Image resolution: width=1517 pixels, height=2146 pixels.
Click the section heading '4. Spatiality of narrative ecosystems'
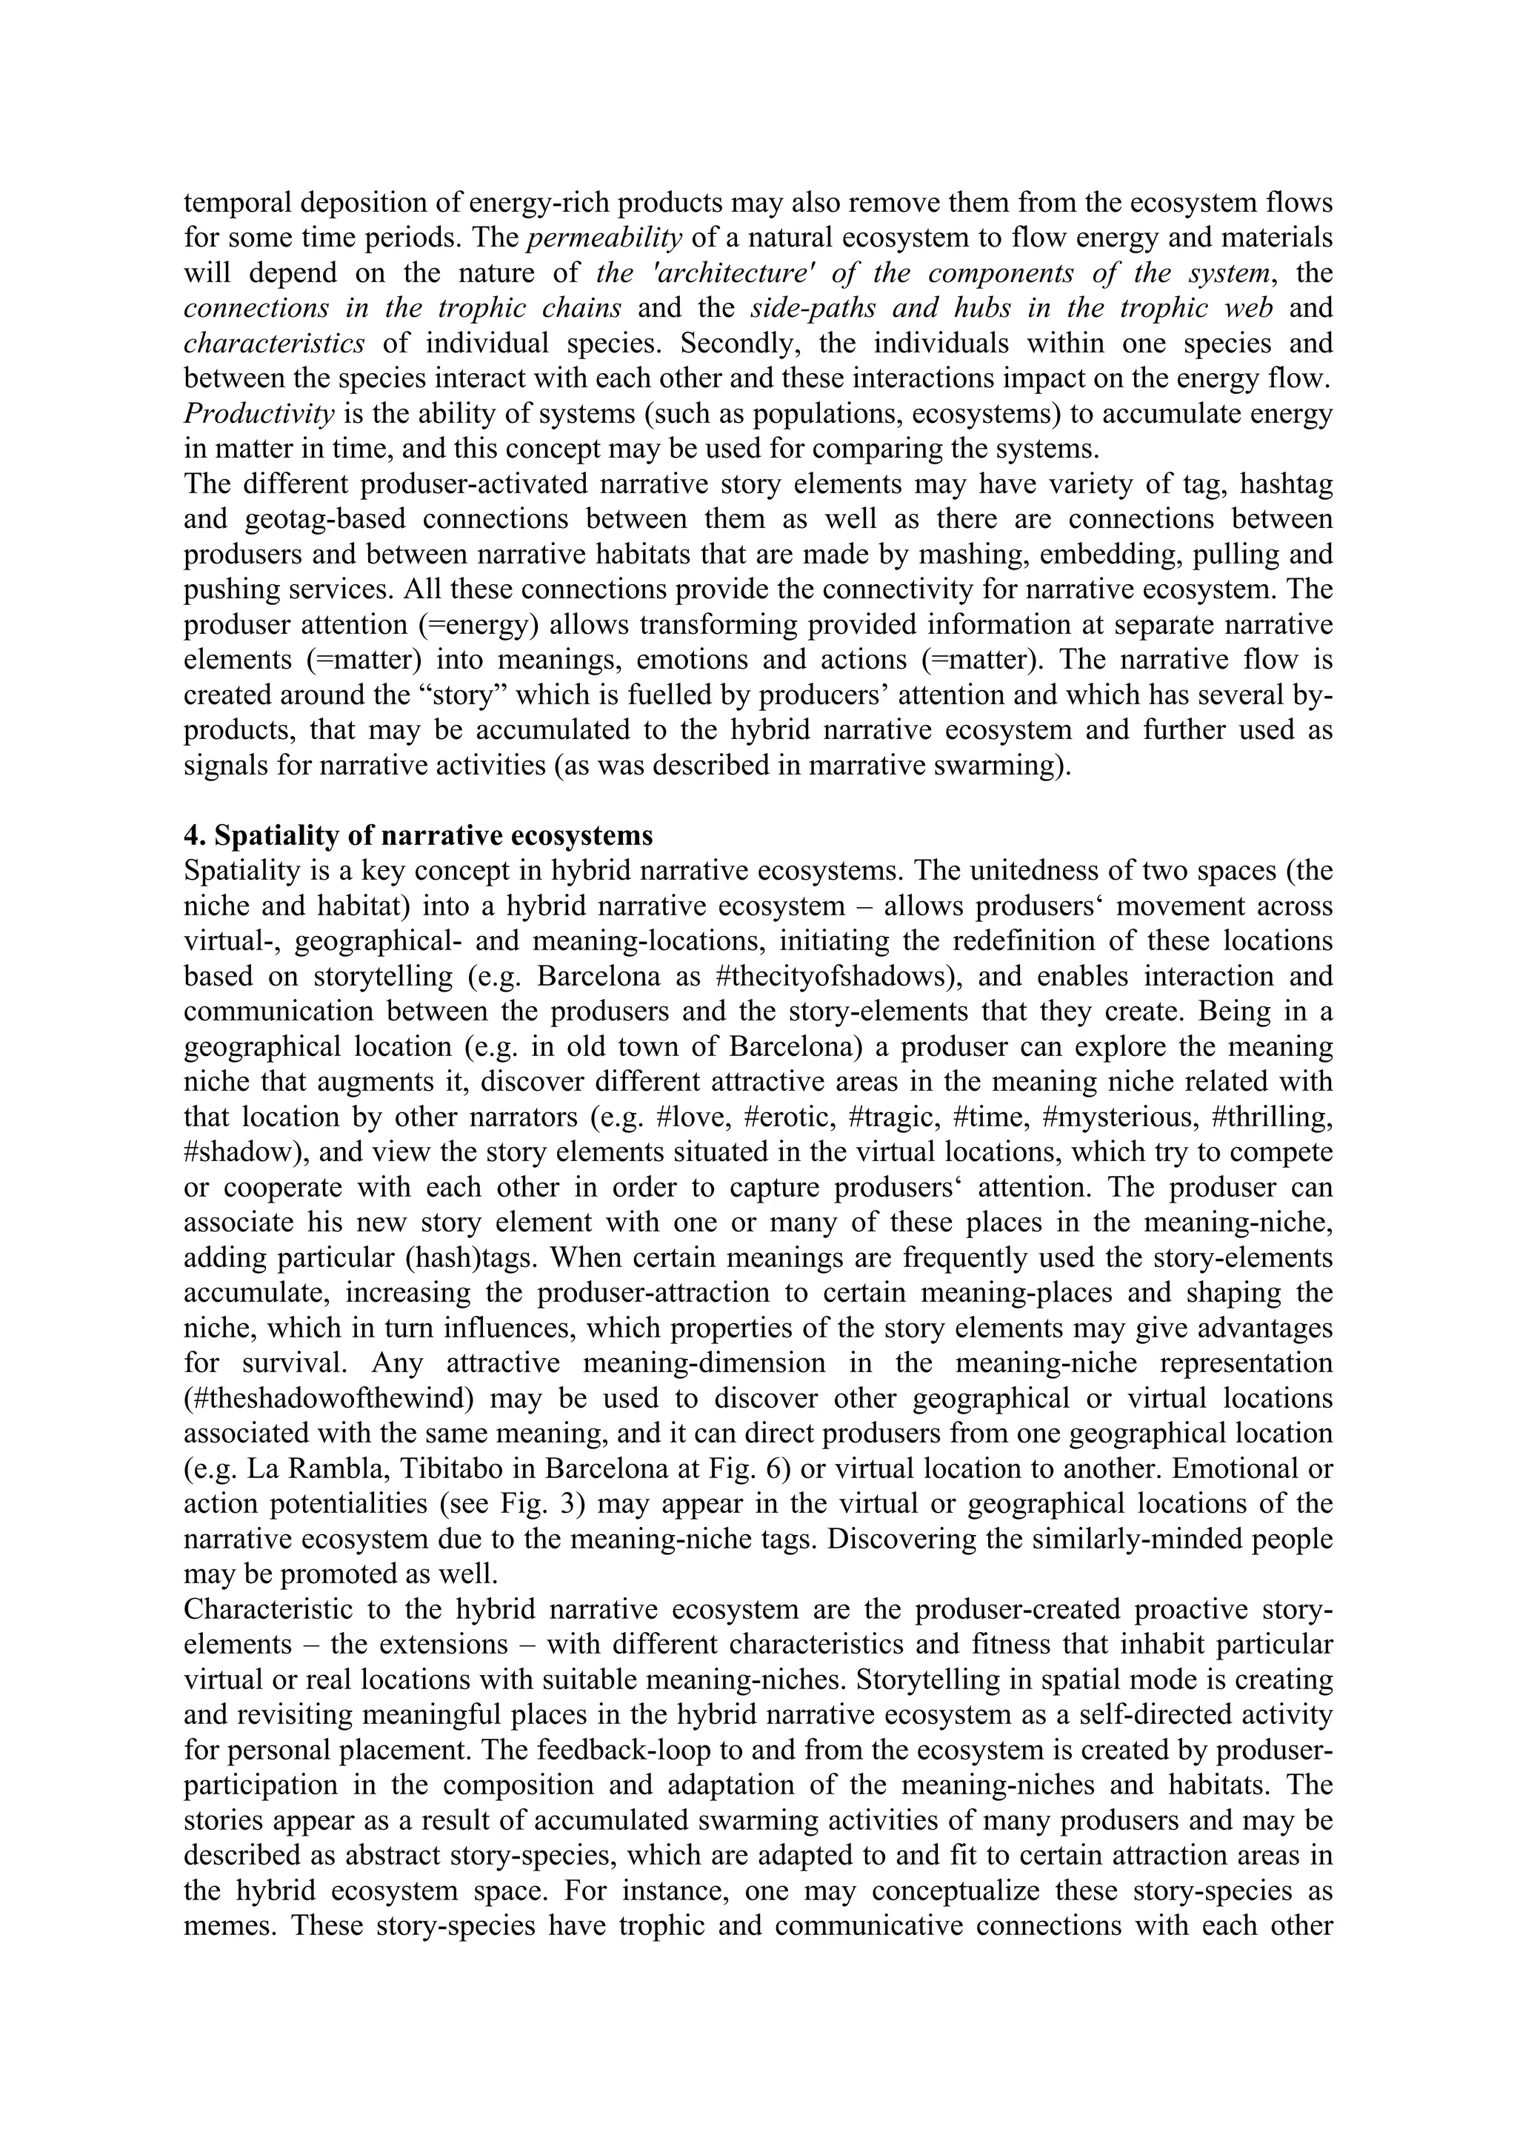418,835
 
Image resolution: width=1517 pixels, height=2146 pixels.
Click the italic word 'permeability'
604,238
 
